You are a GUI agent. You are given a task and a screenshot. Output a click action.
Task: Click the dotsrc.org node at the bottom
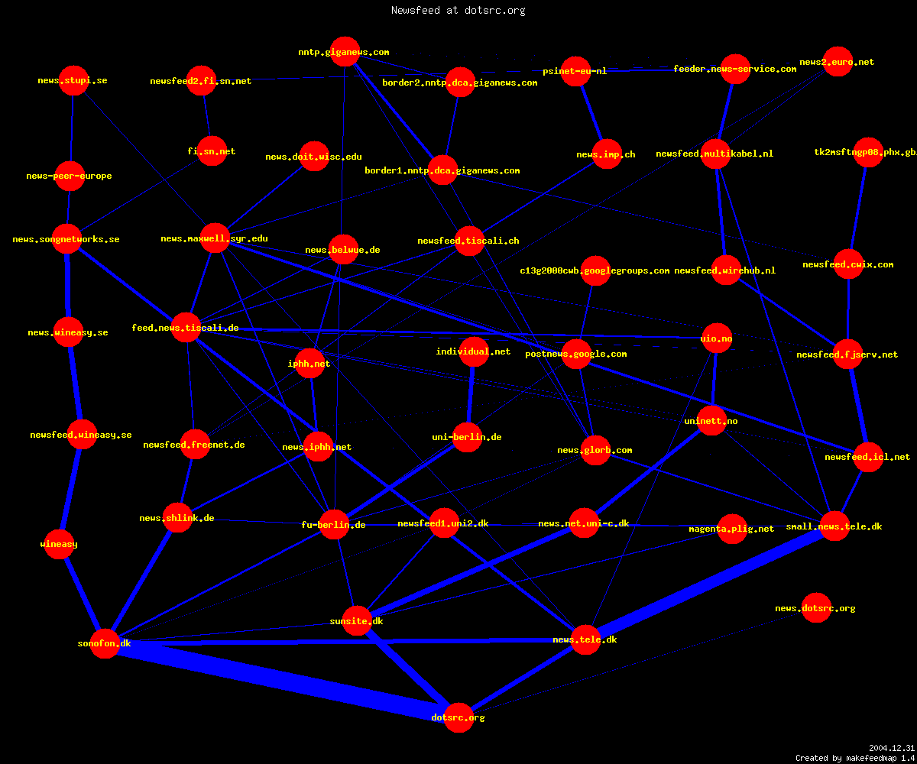(458, 717)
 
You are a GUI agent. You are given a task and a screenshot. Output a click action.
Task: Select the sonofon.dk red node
(105, 643)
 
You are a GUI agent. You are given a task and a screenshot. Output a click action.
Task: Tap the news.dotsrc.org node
(816, 607)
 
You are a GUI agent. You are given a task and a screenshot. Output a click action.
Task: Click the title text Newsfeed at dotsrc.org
(458, 10)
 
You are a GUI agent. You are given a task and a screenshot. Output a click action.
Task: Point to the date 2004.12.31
(892, 748)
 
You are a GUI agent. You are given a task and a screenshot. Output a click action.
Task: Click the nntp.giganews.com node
(345, 51)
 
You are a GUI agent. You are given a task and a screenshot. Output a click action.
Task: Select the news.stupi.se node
(74, 80)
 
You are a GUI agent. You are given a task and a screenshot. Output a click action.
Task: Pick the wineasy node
(59, 544)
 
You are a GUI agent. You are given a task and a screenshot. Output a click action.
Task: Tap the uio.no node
(717, 338)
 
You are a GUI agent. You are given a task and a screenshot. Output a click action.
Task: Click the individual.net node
(474, 351)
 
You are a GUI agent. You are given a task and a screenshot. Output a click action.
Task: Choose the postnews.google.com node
(577, 354)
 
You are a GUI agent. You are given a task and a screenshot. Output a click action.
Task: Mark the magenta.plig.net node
(732, 529)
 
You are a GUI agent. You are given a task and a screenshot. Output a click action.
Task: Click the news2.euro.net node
(838, 61)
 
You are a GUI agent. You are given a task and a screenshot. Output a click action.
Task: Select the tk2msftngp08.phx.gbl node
(868, 152)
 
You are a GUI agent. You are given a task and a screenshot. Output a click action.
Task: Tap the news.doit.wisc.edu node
(314, 157)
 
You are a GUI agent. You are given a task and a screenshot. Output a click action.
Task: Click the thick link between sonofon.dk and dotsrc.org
(281, 680)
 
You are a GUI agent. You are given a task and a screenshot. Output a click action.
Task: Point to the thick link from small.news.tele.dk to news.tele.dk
(710, 583)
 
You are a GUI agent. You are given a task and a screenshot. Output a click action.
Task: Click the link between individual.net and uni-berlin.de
(471, 394)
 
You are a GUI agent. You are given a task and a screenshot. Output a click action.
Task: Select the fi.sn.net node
(212, 151)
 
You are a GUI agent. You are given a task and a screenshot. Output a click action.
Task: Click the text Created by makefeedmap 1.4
(855, 759)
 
